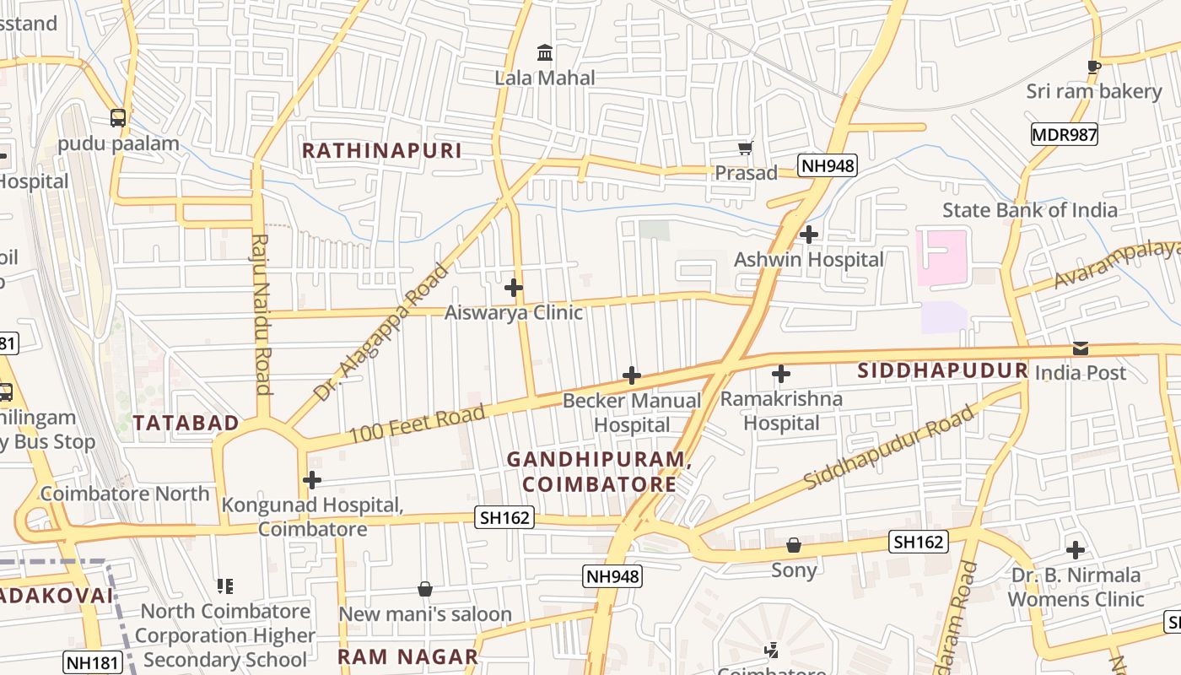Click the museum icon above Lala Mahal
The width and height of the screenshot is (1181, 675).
545,53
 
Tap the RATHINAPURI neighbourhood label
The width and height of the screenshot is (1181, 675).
382,151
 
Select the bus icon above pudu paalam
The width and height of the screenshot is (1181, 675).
118,118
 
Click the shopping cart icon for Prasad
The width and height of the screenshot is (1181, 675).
745,148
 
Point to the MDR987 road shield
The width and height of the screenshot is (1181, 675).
1064,134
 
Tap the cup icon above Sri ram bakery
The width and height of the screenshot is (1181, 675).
1094,67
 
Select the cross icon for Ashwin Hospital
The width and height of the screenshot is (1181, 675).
809,235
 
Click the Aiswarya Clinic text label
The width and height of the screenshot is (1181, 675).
514,313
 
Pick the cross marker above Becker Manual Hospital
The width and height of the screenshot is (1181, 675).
631,375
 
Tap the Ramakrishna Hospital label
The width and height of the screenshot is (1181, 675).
781,411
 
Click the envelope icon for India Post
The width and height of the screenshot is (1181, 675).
1080,348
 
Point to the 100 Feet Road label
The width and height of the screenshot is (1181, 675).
417,423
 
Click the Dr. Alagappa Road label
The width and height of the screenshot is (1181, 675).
381,332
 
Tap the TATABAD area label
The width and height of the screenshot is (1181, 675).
186,424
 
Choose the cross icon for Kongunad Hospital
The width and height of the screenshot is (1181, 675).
312,480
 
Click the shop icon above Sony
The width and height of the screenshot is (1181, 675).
794,546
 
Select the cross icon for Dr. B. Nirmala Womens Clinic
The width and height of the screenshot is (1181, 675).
1075,551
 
